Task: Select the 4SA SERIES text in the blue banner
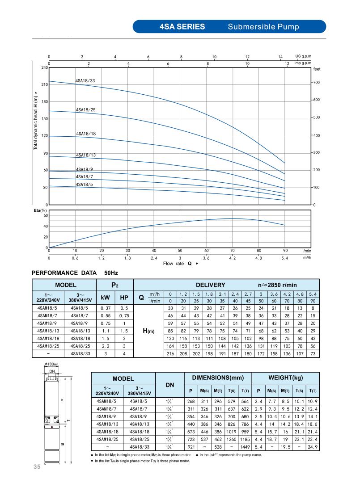[x=182, y=26]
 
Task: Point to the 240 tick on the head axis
[x=45, y=67]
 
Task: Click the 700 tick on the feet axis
[x=317, y=83]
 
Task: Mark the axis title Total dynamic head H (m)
[x=36, y=121]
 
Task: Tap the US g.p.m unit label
[x=303, y=56]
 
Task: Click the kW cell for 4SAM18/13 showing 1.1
[x=106, y=331]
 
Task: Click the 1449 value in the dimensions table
[x=245, y=446]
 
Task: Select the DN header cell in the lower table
[x=170, y=384]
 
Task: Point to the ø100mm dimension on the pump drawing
[x=52, y=365]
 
